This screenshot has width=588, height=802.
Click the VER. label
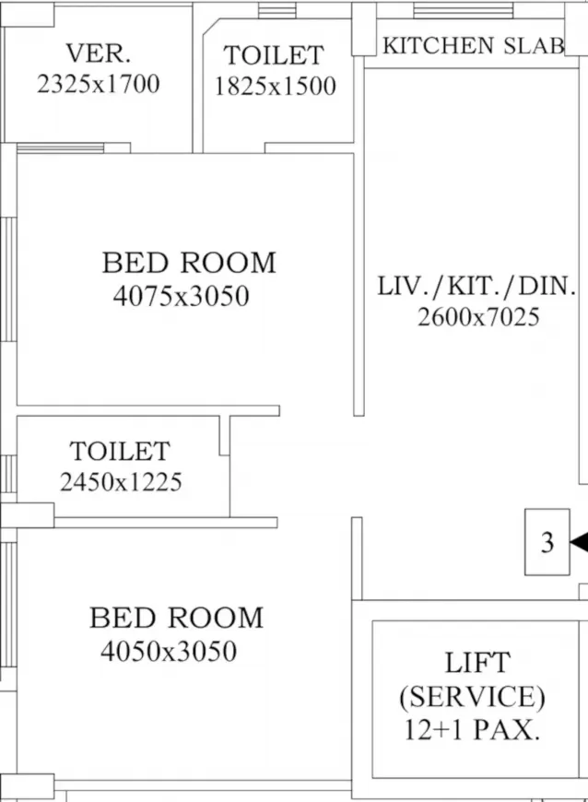99,53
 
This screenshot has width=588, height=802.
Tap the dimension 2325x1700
99,84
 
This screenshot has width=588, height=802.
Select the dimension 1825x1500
275,86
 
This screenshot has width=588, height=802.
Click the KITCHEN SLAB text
474,45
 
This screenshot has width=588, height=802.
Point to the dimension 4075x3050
182,296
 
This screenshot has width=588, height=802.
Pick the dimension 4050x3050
169,651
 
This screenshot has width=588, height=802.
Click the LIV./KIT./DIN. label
477,286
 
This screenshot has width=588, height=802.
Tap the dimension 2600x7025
478,317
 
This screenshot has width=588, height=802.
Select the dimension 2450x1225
121,482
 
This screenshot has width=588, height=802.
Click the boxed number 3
547,542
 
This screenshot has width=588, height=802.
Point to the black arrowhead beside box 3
580,542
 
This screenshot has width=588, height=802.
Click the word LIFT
477,663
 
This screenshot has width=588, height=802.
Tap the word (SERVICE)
473,696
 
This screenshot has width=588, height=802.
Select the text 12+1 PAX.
473,729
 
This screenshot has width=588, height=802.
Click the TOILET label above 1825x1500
274,55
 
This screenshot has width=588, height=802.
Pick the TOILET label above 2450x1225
120,451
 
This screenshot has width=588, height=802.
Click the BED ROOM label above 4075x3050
189,263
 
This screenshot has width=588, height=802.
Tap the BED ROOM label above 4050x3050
176,618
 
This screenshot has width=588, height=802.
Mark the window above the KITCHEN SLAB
464,10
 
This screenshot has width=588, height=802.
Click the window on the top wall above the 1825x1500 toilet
276,10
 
